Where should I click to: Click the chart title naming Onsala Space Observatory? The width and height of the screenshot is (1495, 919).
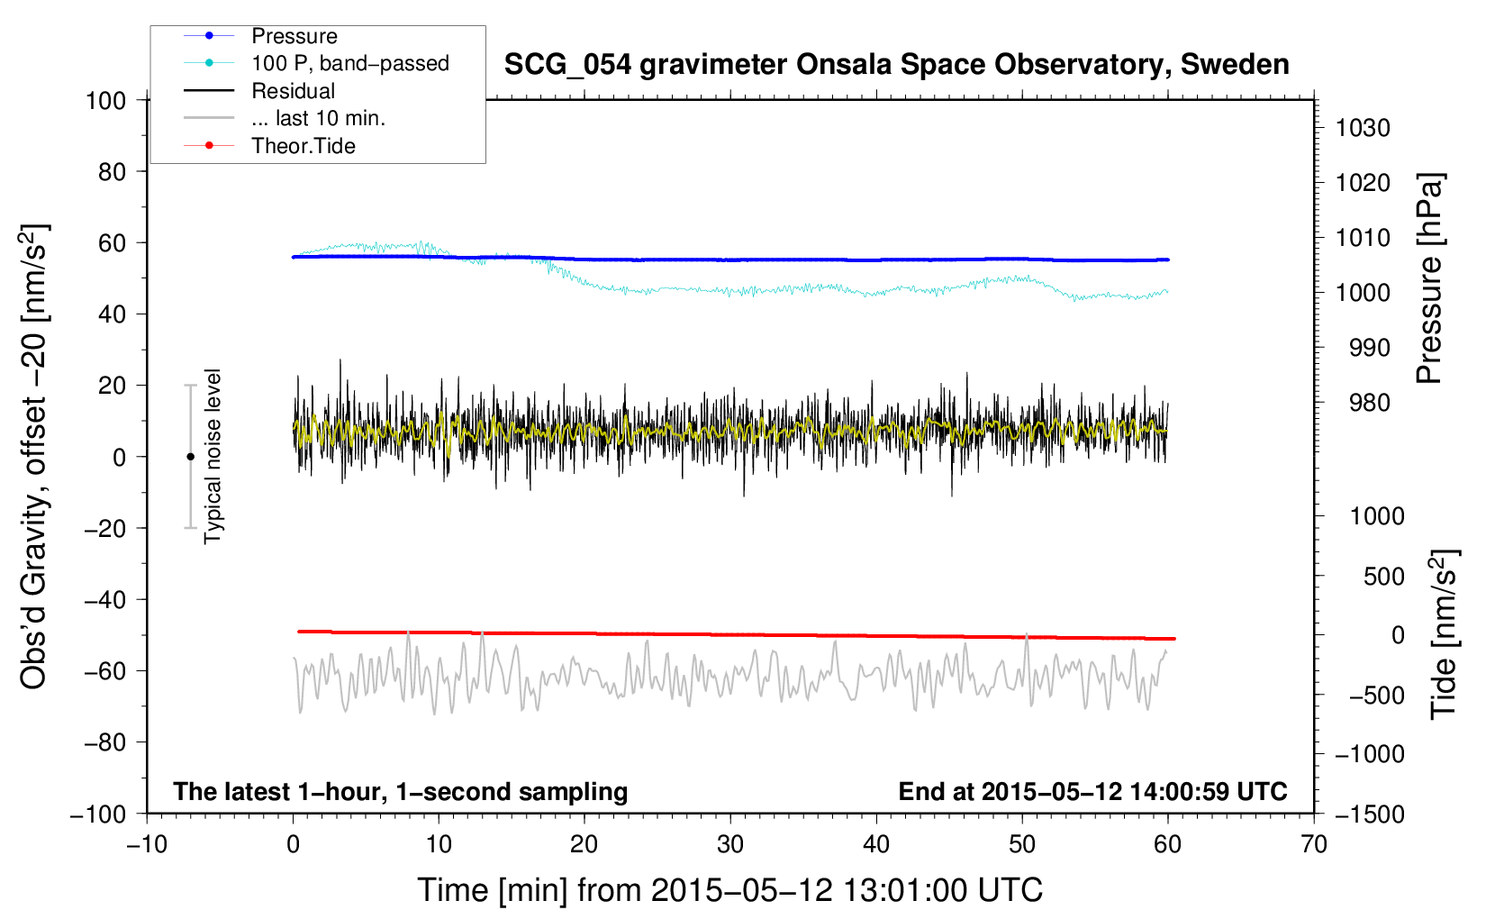(x=896, y=65)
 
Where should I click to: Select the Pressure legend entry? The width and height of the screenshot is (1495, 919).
(x=294, y=36)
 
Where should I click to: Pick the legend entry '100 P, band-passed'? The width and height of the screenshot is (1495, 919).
(x=349, y=63)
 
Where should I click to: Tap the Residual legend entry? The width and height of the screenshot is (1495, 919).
(x=293, y=91)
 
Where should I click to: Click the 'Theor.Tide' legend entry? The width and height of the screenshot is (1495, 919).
(x=303, y=146)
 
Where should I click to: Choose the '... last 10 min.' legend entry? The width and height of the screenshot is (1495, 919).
(x=318, y=118)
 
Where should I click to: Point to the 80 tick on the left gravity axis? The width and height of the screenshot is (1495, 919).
(x=112, y=171)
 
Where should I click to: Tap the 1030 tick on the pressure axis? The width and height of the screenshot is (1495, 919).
(x=1363, y=128)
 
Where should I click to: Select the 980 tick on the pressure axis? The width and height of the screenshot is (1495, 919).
(x=1369, y=403)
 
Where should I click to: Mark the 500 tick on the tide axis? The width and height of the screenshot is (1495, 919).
(x=1383, y=576)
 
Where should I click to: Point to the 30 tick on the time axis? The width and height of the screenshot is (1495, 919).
(x=730, y=844)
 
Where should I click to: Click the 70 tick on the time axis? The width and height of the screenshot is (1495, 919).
(x=1314, y=844)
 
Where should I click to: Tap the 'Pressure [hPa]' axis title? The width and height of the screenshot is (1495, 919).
(x=1430, y=278)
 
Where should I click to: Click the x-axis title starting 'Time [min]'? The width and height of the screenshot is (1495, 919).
(x=729, y=890)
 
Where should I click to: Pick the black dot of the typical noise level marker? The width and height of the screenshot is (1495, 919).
(x=190, y=457)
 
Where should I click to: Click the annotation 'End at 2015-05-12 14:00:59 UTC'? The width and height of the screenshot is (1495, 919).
(x=1092, y=791)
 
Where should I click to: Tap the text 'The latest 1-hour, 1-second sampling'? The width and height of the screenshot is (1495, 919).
(x=400, y=791)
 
